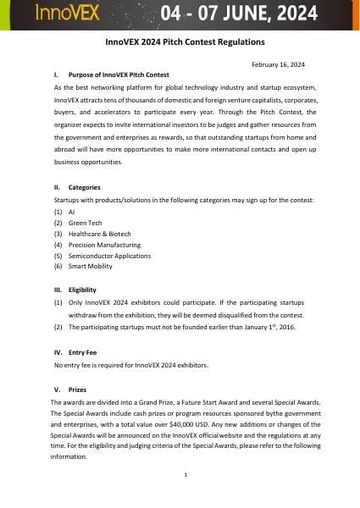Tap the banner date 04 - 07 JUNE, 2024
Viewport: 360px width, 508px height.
tap(240, 14)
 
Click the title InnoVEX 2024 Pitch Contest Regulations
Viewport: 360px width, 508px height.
tap(179, 41)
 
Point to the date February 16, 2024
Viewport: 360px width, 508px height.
tap(279, 64)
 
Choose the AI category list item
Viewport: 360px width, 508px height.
tap(72, 211)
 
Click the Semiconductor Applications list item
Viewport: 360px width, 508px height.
tap(109, 255)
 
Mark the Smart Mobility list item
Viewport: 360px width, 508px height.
tap(91, 266)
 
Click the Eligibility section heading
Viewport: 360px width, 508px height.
tap(88, 290)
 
